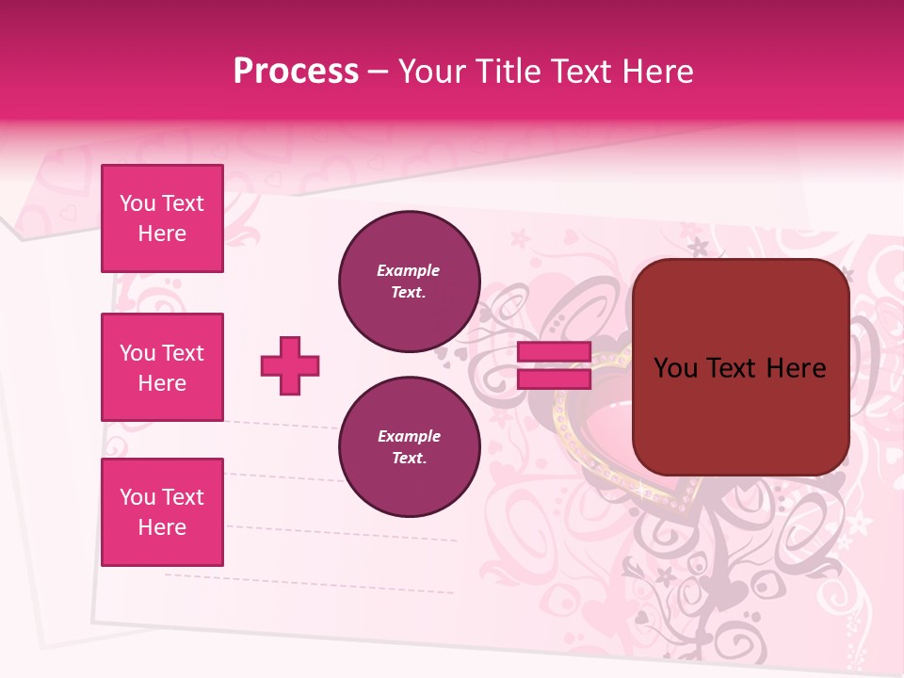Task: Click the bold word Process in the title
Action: pos(296,71)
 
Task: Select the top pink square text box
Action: pos(162,218)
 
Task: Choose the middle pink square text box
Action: pos(162,367)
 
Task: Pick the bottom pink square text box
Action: pos(162,511)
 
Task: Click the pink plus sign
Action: pos(290,365)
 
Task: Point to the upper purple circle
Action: pos(409,282)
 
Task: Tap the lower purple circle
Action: pos(409,447)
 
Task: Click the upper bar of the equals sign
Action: pos(554,352)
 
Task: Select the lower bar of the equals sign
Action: pos(554,379)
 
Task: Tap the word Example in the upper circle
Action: pos(409,270)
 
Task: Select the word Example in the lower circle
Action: pos(409,436)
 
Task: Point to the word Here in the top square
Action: pos(162,234)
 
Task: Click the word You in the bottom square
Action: pos(137,496)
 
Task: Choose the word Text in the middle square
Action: pos(183,352)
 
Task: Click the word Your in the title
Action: pos(433,71)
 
